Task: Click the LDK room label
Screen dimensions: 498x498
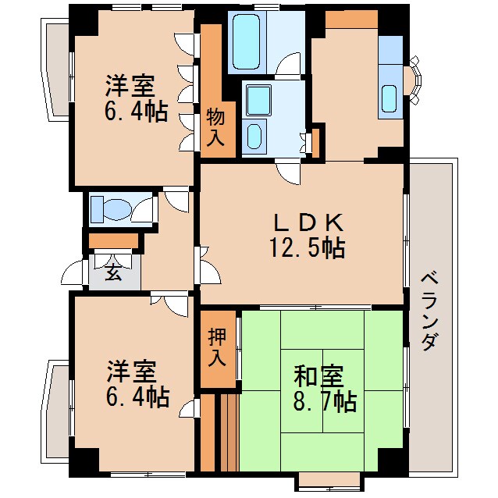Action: coord(306,222)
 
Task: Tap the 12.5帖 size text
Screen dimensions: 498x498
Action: coord(306,248)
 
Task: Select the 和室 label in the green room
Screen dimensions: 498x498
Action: coord(318,376)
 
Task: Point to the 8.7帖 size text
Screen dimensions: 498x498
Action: coord(325,401)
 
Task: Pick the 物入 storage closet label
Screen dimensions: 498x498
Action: coord(216,127)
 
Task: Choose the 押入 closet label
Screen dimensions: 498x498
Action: coord(218,347)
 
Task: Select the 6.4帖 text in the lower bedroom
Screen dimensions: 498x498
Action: coord(137,397)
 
